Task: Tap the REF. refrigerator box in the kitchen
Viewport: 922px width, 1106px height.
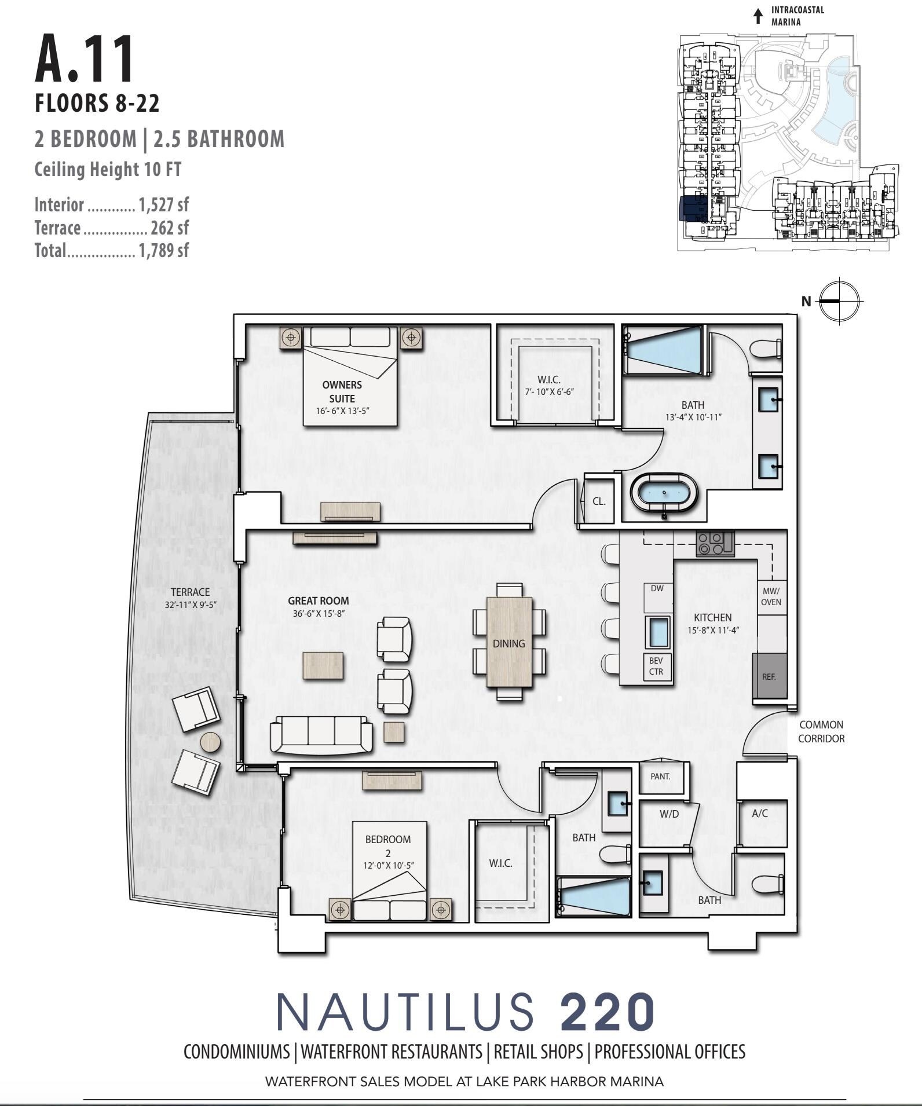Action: [769, 676]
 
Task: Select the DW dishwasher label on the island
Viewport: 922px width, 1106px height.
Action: [657, 588]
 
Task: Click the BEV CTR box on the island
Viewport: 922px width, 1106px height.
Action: [656, 666]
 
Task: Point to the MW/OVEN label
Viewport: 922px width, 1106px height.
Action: [771, 596]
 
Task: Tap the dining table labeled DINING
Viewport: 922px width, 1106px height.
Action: [509, 643]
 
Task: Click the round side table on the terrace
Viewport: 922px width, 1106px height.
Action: [210, 742]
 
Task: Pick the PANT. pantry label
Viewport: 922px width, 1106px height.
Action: [660, 777]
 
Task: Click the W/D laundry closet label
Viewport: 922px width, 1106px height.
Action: [669, 814]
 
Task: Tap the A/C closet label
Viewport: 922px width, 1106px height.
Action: [760, 813]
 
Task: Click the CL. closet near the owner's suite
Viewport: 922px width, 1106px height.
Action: [599, 501]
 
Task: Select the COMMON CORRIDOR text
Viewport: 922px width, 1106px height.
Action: [821, 731]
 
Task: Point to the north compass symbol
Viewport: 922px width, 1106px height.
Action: [840, 301]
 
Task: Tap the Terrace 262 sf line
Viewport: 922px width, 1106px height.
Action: [111, 228]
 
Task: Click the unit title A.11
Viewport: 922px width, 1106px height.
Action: [85, 60]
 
